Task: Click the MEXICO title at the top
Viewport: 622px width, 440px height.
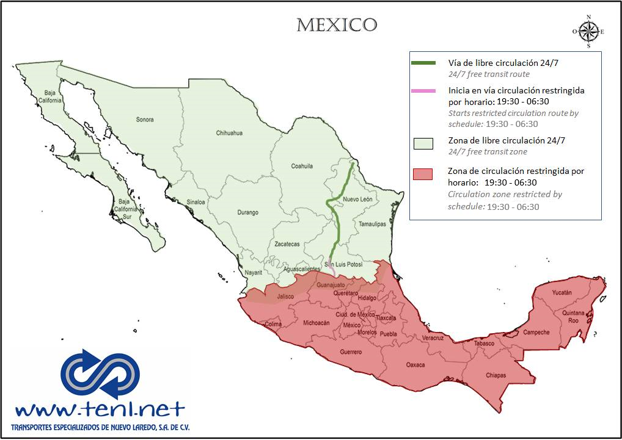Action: [x=337, y=25]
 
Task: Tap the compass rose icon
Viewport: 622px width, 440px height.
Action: [x=588, y=31]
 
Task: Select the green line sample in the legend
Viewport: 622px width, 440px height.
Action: [x=423, y=63]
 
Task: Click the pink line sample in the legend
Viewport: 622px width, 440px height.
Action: [x=423, y=91]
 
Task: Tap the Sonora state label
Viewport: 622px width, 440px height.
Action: [x=145, y=120]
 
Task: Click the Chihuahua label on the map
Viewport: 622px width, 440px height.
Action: [x=229, y=133]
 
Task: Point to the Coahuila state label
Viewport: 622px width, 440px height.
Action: [x=302, y=166]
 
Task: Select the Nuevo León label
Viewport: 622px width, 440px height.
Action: [x=357, y=200]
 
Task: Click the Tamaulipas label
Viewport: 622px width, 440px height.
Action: [x=373, y=224]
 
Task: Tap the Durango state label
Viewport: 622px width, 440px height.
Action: [x=247, y=212]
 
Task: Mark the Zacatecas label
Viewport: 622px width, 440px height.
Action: [x=287, y=244]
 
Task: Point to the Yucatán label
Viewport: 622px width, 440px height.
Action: [x=562, y=293]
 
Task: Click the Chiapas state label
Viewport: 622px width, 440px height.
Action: [x=496, y=375]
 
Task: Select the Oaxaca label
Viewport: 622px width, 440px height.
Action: [x=415, y=365]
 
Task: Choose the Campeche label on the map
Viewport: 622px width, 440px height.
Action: [x=536, y=333]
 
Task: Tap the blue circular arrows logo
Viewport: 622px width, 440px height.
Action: [x=100, y=373]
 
